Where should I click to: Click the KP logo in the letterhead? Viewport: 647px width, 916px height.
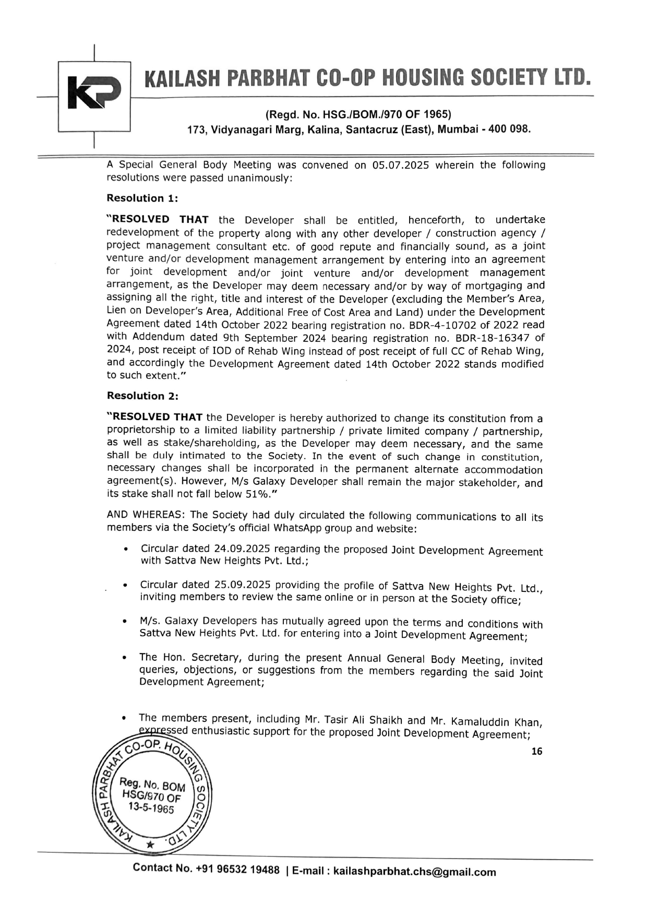pyautogui.click(x=94, y=93)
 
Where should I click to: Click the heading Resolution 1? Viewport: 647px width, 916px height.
pyautogui.click(x=142, y=198)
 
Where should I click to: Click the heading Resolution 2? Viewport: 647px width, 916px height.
pyautogui.click(x=142, y=396)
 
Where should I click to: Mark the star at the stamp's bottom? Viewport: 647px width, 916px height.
pyautogui.click(x=150, y=844)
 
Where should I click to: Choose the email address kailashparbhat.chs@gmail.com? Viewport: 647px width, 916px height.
pyautogui.click(x=414, y=872)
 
